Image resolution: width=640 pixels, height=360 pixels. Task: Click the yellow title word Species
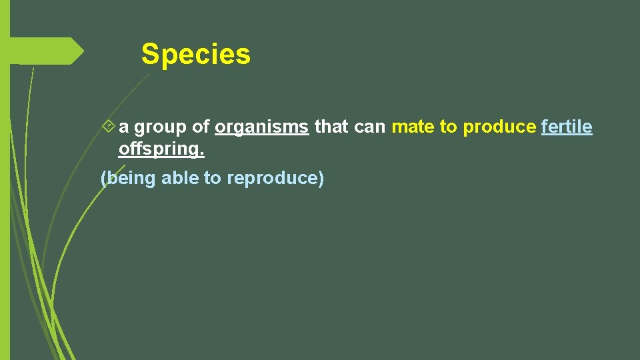(x=195, y=54)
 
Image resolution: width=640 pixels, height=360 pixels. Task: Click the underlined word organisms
(x=262, y=127)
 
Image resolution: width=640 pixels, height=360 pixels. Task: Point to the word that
(x=331, y=126)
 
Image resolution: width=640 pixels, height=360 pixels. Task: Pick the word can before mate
(x=370, y=127)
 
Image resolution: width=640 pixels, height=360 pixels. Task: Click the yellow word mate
(x=413, y=127)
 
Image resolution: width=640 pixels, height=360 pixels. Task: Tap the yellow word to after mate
(x=448, y=127)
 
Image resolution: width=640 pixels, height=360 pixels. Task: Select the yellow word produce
(x=499, y=127)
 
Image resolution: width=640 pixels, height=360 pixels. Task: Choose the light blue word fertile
(x=567, y=126)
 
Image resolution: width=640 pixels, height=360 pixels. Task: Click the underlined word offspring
(x=161, y=149)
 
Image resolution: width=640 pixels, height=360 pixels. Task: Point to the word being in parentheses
(x=132, y=179)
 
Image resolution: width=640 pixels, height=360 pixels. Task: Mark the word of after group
(x=201, y=126)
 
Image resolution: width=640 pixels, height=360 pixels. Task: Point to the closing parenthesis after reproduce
(x=321, y=179)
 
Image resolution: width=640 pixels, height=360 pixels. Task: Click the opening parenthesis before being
(x=103, y=179)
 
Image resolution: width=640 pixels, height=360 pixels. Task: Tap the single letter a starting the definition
(x=124, y=127)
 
